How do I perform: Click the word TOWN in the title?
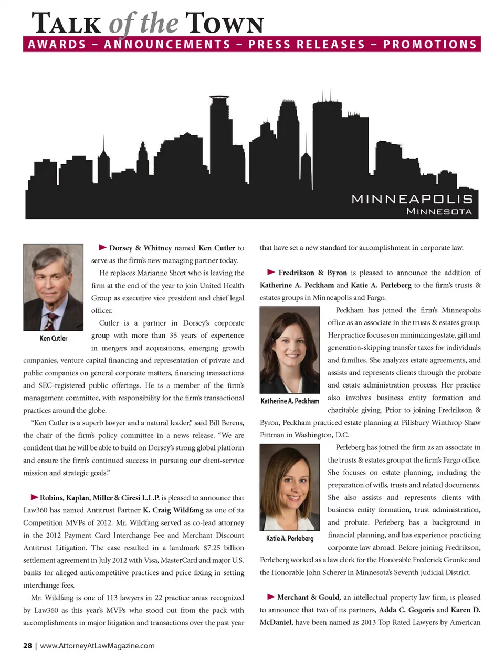[224, 24]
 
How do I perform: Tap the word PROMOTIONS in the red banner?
[429, 44]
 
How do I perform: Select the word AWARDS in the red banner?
[57, 44]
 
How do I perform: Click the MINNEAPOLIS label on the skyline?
[412, 199]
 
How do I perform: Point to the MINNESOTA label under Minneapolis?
[439, 212]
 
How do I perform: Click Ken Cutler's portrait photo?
[53, 287]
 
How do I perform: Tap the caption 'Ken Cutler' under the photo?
[53, 338]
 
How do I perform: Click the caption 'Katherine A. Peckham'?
[290, 401]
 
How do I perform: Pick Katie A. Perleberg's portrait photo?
[290, 487]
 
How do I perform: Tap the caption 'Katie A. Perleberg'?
[290, 538]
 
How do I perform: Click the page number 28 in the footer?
[27, 646]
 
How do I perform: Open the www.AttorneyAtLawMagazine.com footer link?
[97, 646]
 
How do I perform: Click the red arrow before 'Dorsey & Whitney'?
[103, 247]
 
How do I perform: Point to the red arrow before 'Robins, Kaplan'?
[35, 497]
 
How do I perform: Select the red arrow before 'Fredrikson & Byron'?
[271, 272]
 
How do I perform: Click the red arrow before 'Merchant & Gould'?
[271, 597]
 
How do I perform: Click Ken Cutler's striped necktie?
[51, 320]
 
